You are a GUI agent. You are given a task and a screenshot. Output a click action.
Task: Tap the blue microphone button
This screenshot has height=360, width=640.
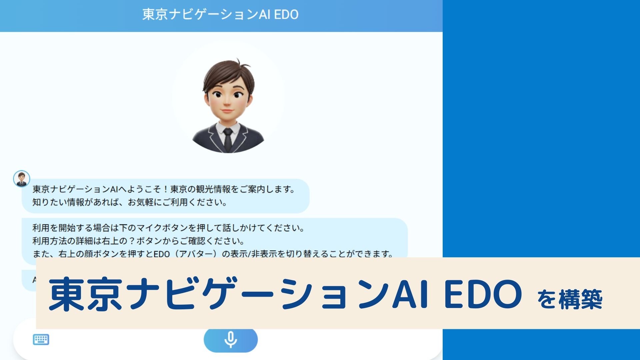tap(230, 340)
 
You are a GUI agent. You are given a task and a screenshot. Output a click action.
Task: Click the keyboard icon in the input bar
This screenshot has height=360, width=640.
tap(41, 340)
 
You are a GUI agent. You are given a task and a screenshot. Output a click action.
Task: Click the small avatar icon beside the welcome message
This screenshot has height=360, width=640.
tap(22, 179)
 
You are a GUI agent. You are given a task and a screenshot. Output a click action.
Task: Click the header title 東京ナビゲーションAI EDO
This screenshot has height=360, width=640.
tap(220, 15)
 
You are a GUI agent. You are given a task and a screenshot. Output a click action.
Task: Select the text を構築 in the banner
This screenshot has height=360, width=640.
tap(570, 299)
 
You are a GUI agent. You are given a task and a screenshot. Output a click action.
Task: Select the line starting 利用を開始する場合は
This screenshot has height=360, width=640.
tap(168, 228)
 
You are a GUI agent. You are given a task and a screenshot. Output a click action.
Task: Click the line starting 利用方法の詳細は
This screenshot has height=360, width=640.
tap(138, 241)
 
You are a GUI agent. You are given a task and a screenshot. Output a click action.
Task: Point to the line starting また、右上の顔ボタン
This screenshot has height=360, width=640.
tap(213, 254)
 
